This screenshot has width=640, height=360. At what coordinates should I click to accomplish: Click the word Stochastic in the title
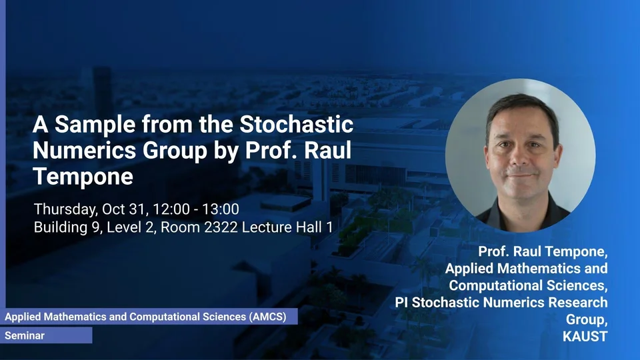[296, 124]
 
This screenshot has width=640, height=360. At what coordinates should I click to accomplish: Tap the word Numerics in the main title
[84, 150]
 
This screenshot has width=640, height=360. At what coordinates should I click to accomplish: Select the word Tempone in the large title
[83, 177]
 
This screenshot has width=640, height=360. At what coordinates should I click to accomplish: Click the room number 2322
[221, 227]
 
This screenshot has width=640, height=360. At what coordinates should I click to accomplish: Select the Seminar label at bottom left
[25, 335]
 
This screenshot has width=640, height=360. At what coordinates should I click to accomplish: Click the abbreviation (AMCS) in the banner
[268, 317]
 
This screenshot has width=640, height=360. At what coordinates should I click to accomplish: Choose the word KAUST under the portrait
[585, 336]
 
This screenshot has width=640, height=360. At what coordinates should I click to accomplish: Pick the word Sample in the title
[95, 125]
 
